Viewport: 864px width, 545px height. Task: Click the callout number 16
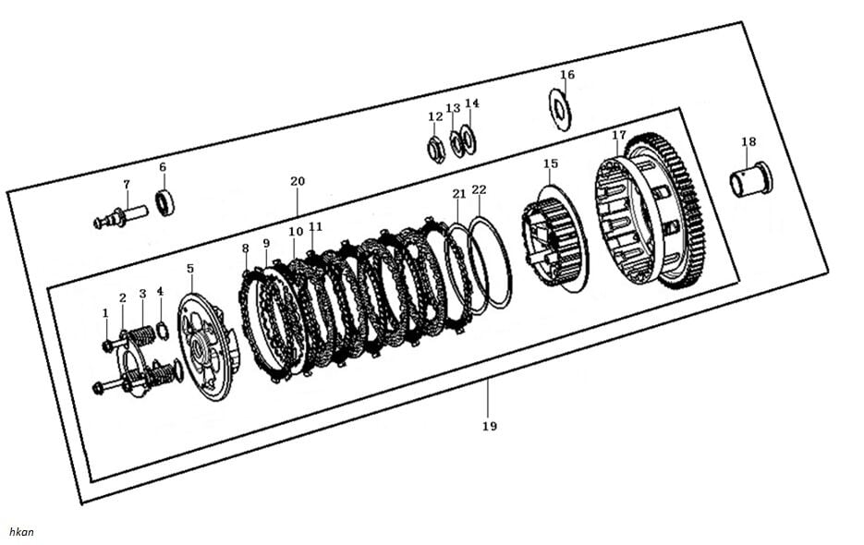click(567, 75)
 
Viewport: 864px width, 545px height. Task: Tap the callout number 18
click(748, 141)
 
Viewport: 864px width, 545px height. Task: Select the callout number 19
click(489, 426)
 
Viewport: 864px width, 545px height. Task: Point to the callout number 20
click(297, 181)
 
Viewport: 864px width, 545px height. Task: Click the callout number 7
click(127, 185)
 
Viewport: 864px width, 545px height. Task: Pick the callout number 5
click(189, 268)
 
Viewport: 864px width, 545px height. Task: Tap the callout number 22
click(479, 189)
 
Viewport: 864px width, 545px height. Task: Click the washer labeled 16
click(560, 109)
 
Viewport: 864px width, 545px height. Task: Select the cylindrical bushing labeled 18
click(751, 179)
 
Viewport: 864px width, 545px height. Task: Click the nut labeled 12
click(435, 149)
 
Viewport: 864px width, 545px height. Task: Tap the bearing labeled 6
click(164, 201)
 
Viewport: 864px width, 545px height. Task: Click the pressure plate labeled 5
click(208, 346)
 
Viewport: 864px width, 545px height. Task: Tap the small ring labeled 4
click(163, 331)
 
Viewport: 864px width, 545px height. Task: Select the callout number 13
click(453, 108)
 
